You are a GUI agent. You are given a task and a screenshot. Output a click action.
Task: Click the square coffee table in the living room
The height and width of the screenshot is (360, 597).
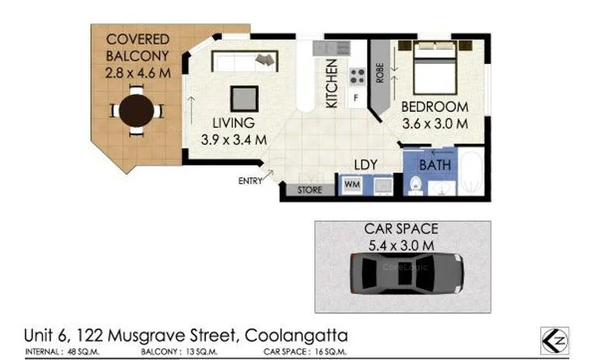[x=244, y=98]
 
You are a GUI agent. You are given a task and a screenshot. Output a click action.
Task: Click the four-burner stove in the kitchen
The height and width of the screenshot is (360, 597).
[x=357, y=76]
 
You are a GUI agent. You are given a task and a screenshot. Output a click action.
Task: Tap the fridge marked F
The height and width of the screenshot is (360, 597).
[x=356, y=98]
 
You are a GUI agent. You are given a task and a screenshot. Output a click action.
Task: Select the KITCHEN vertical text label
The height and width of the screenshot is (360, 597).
[x=331, y=84]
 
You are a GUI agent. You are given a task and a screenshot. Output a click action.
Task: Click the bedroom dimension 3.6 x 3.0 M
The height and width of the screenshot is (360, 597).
[x=435, y=123]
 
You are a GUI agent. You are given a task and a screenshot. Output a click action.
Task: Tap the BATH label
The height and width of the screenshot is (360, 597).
[x=435, y=165]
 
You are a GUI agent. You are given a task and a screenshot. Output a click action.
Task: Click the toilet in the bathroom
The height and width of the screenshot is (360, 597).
[x=415, y=185]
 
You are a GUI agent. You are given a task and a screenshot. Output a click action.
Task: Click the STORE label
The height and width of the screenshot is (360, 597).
[x=310, y=190]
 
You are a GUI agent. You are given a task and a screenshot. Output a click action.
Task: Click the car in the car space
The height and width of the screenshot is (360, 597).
[x=404, y=273]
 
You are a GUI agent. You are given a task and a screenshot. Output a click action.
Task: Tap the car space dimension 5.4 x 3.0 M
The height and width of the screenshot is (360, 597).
[x=401, y=245]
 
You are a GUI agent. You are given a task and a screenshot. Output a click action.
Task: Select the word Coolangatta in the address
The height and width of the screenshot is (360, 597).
[x=296, y=336]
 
